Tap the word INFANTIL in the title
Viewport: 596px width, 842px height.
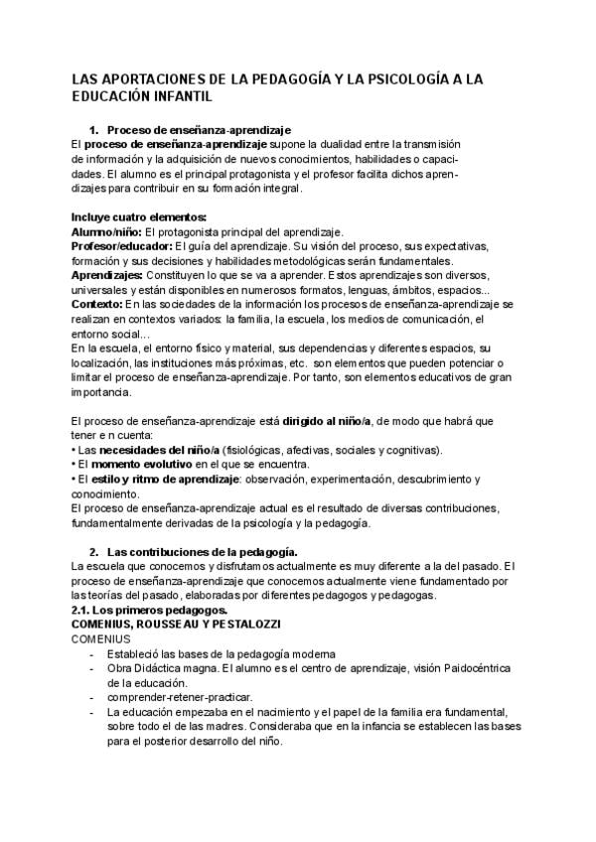180,96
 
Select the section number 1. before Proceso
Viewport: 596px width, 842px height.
94,130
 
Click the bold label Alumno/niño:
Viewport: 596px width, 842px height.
106,231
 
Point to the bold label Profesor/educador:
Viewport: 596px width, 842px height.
121,245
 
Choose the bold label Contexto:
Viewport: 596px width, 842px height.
96,303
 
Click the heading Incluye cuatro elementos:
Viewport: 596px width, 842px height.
139,217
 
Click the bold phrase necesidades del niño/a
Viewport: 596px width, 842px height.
159,450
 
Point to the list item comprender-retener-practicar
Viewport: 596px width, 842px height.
170,697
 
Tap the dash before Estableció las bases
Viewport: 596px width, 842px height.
93,653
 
